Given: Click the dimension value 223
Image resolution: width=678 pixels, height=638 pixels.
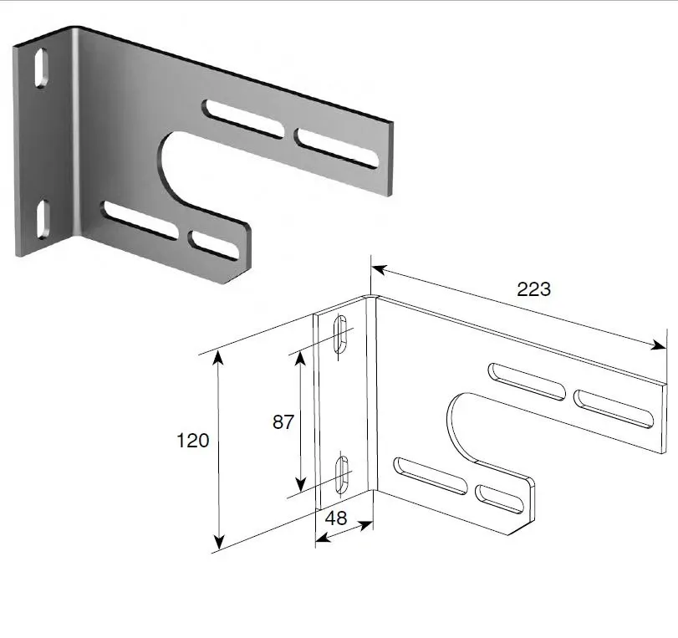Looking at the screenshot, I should [x=533, y=289].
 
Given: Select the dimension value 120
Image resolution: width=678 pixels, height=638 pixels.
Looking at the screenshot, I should [x=192, y=441].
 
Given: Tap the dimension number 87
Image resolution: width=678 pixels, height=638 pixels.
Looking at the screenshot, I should [x=283, y=422].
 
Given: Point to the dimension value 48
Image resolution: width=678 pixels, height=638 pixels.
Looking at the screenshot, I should [x=336, y=518].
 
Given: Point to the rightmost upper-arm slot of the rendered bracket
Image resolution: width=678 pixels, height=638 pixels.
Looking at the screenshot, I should [x=337, y=148].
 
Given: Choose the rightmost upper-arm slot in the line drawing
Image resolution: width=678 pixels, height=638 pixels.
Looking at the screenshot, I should [x=613, y=409].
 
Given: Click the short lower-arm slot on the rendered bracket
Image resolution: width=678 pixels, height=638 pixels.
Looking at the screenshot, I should [x=215, y=244].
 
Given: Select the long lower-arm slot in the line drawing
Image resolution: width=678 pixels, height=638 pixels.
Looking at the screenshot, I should [x=430, y=475].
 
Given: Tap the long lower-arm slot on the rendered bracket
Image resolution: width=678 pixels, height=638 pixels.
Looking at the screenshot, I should [x=139, y=219].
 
